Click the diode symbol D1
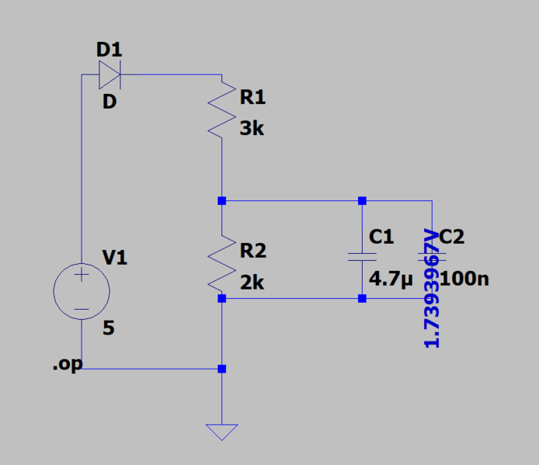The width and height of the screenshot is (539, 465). coord(110,75)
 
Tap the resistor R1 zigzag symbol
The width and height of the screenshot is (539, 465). coord(222,109)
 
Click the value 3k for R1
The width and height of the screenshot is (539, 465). coord(252,129)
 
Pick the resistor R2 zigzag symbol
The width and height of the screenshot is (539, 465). coord(222,264)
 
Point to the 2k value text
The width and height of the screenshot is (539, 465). coord(252,283)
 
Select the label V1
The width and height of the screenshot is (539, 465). coord(115,258)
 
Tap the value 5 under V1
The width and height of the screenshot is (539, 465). coord(109,328)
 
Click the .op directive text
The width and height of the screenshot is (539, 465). coord(67,364)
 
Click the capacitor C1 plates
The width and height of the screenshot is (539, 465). coord(362,257)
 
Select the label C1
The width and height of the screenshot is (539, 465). coord(381,237)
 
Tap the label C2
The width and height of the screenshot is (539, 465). coord(452,237)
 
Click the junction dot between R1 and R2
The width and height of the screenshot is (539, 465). coord(222,201)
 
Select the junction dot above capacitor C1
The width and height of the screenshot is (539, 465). coord(362,201)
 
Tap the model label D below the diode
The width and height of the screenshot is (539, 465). coord(110,102)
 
